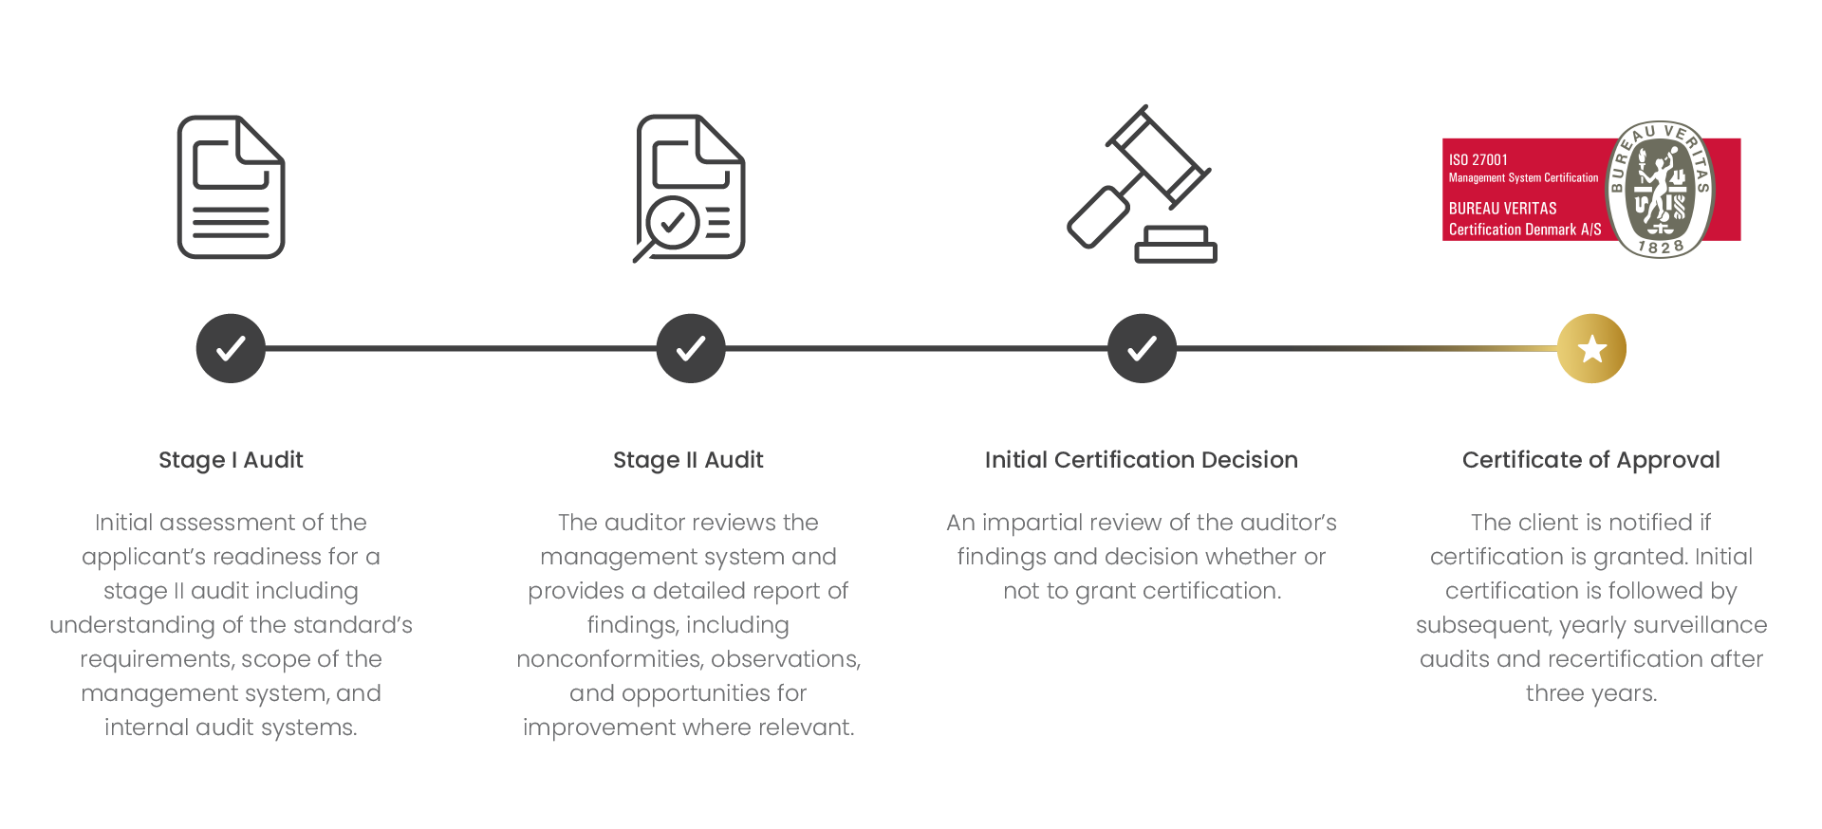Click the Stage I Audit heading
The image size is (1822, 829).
[231, 460]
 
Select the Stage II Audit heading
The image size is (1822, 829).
[688, 460]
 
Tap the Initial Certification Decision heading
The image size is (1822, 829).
[1142, 460]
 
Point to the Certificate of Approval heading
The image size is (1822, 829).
[1591, 460]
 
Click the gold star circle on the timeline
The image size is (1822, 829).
[1591, 348]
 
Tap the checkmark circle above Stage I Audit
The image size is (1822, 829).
[231, 348]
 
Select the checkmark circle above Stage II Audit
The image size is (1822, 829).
[691, 348]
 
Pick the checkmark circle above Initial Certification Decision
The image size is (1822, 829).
[1142, 348]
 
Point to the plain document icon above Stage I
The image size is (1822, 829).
[231, 187]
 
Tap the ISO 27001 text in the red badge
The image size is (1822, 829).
[1478, 159]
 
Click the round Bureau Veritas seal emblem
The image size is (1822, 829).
[1659, 189]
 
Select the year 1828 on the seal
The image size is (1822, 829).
[1660, 248]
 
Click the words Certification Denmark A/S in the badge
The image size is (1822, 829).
[1525, 230]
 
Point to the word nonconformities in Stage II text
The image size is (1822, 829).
[610, 659]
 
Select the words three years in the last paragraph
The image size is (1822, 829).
[1591, 693]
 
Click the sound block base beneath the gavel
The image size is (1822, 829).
[1177, 245]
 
